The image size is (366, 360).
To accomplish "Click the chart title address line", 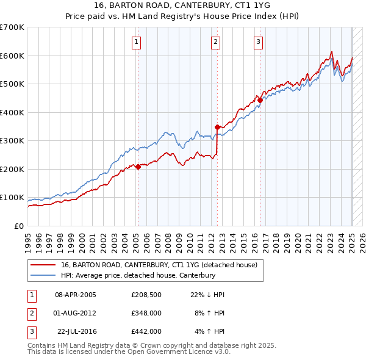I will [182, 7].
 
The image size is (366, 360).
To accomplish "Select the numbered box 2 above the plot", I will [216, 42].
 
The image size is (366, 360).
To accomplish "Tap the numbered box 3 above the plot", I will [258, 42].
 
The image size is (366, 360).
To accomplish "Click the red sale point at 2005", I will [138, 167].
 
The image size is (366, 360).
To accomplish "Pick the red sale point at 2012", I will [217, 127].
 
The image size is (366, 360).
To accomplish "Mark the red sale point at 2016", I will [260, 100].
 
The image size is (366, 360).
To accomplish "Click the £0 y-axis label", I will [18, 226].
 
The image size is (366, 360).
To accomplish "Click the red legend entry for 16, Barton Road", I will [159, 265].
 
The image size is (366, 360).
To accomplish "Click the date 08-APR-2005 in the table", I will [75, 295].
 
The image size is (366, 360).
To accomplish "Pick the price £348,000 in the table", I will [146, 313].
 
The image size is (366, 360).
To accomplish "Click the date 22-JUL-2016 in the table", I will [76, 331].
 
